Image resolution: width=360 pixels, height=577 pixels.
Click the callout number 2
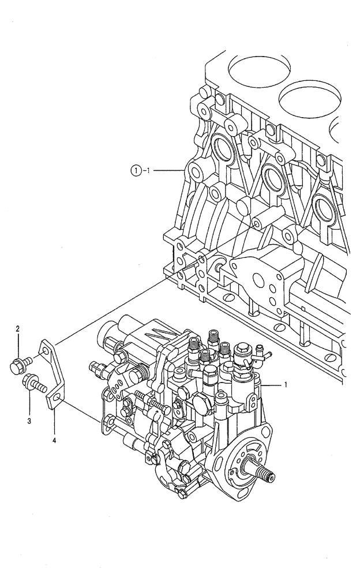point(18,329)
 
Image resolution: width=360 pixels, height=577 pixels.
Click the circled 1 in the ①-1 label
point(134,170)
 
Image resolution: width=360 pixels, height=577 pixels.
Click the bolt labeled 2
point(18,364)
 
